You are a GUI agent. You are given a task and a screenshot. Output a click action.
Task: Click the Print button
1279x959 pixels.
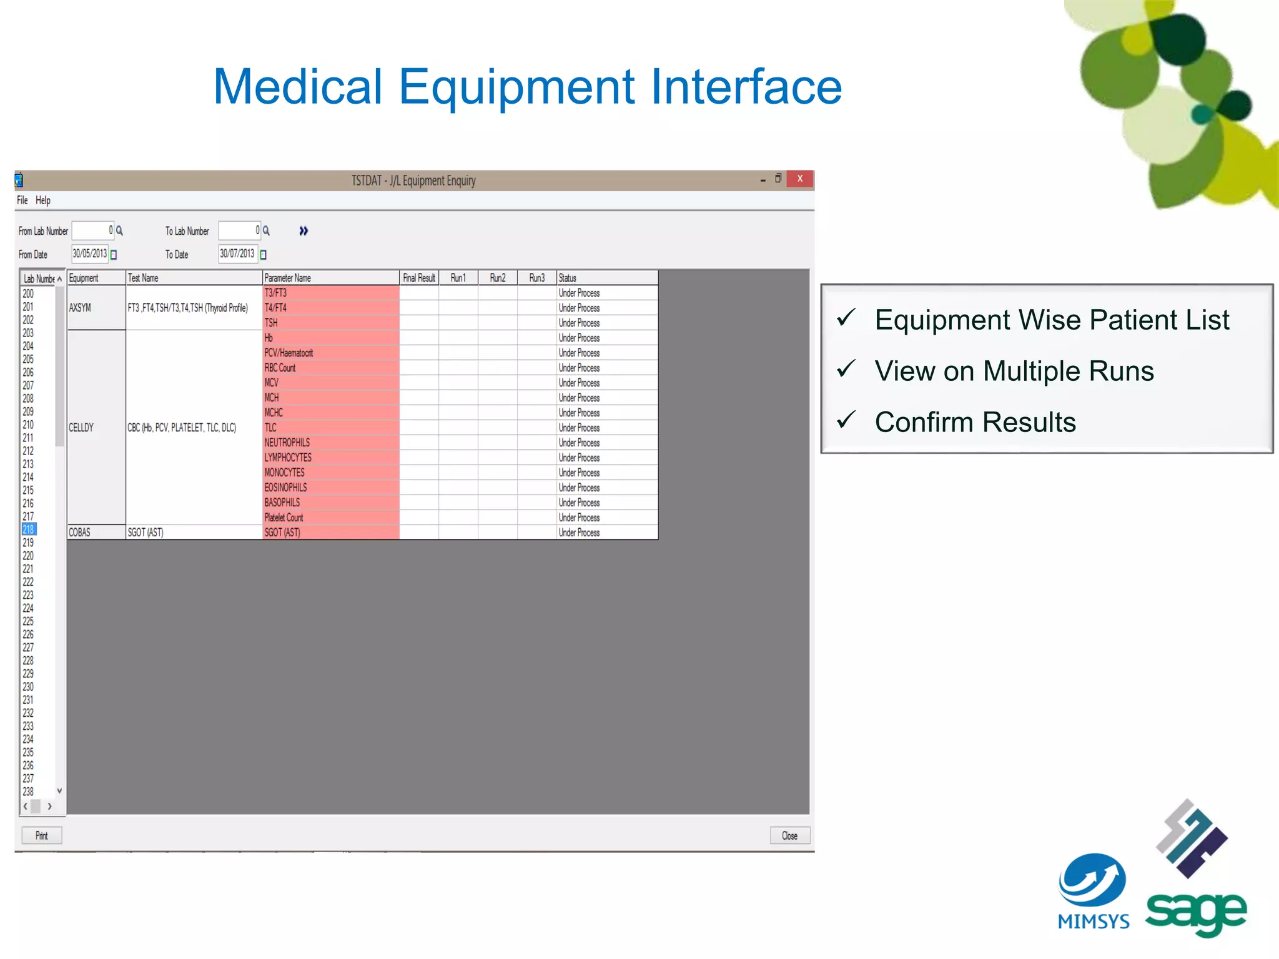click(x=41, y=835)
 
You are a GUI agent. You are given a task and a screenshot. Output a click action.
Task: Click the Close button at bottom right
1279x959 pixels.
click(x=789, y=835)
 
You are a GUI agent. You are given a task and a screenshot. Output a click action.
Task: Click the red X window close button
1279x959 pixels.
click(x=799, y=179)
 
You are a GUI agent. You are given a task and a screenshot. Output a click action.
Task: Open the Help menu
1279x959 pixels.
click(x=42, y=200)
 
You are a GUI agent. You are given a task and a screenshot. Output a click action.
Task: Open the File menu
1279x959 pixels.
click(x=22, y=200)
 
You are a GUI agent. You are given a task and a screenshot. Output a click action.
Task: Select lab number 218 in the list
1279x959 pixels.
click(x=29, y=529)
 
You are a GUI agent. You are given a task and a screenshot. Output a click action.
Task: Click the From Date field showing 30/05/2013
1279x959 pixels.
click(x=90, y=253)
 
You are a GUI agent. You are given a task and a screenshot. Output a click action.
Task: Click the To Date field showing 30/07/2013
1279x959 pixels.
click(x=237, y=253)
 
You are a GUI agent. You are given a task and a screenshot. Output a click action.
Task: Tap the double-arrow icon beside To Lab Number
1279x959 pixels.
click(x=304, y=231)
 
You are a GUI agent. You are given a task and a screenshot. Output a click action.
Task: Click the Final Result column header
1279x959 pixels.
click(x=418, y=278)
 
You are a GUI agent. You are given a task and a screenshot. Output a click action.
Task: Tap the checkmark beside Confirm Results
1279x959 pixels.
click(x=846, y=420)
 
